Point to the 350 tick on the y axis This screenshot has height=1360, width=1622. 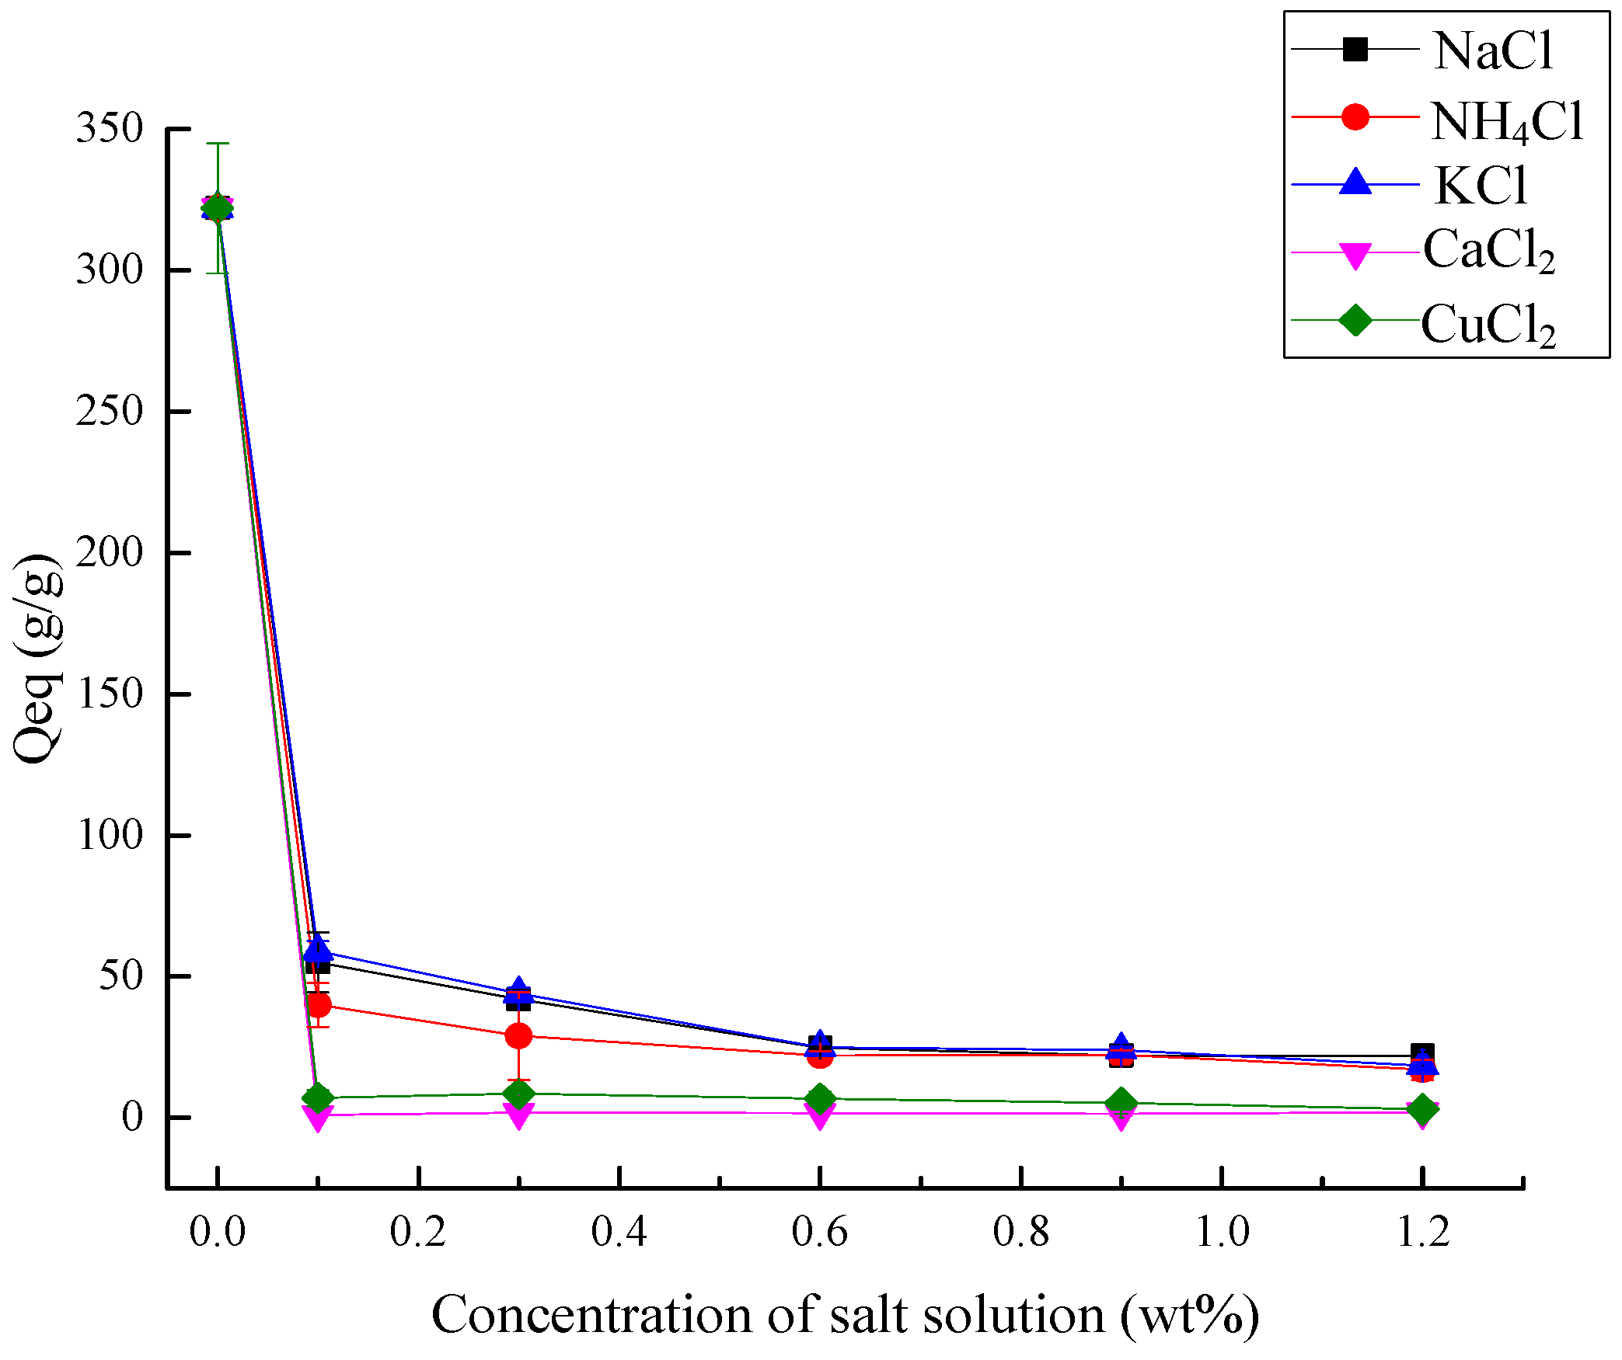point(110,128)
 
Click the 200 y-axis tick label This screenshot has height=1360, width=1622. point(110,553)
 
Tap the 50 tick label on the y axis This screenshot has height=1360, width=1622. point(120,976)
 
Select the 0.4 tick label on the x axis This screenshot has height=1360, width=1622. point(619,1232)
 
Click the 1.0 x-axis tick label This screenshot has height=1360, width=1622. point(1221,1232)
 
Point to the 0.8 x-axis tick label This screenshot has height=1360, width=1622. point(1020,1232)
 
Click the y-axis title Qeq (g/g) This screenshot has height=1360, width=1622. point(37,659)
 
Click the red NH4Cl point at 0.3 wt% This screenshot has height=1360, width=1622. point(518,1035)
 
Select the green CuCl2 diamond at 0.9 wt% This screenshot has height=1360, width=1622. point(1121,1102)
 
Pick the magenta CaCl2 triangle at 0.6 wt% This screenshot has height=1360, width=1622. point(820,1115)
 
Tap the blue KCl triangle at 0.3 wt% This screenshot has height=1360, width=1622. point(518,990)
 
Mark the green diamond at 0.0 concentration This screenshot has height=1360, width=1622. point(218,207)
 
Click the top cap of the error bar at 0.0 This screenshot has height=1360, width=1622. point(218,144)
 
